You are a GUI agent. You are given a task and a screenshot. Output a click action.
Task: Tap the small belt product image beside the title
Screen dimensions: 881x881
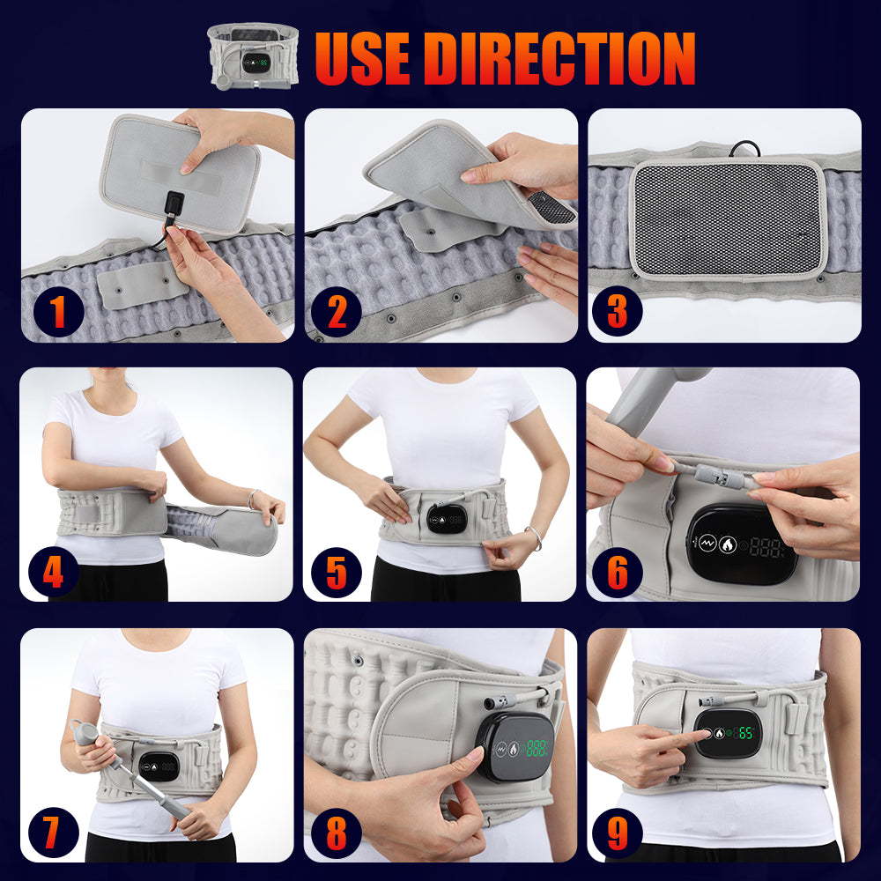click(x=252, y=55)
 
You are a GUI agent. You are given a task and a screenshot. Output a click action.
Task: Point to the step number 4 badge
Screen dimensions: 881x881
click(x=53, y=573)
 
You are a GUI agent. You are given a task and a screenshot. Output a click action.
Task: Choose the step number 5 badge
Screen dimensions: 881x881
click(x=336, y=573)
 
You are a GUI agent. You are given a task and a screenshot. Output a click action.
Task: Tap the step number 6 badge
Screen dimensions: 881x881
click(x=618, y=573)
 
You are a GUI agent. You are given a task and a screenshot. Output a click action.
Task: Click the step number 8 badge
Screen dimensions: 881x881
click(x=336, y=833)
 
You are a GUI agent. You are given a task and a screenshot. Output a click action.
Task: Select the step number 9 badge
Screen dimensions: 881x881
click(x=618, y=833)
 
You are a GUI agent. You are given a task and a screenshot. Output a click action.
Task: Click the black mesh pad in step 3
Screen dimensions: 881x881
click(x=727, y=216)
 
